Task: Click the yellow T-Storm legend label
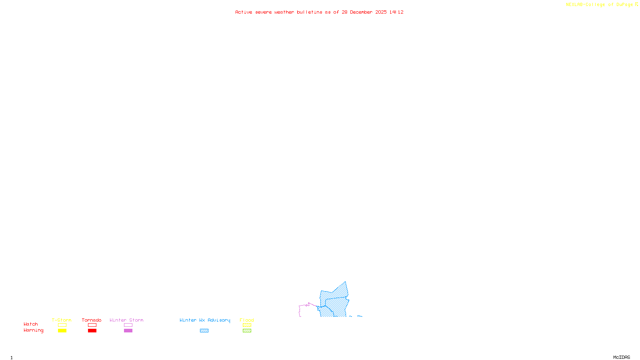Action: tap(62, 320)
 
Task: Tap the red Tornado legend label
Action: tap(92, 320)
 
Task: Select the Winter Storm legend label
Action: tap(126, 320)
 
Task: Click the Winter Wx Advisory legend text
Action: tap(205, 320)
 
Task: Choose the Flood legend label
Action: tap(247, 320)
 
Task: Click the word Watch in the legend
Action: tap(31, 324)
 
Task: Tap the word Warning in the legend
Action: tap(33, 330)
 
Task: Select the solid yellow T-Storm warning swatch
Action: tap(62, 331)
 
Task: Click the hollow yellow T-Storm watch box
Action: tap(62, 325)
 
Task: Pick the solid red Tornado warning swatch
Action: tap(92, 331)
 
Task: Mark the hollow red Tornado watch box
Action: tap(92, 325)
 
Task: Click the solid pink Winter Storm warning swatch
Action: tap(128, 331)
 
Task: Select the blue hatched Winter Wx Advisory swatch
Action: tap(204, 331)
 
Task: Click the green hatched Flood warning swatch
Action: tap(247, 331)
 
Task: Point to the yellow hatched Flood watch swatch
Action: tap(247, 325)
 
